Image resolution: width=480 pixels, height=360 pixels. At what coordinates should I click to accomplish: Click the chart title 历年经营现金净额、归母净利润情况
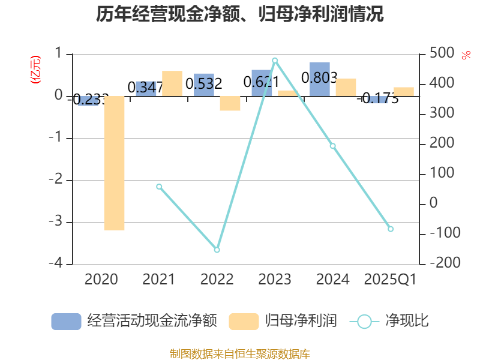coord(240,14)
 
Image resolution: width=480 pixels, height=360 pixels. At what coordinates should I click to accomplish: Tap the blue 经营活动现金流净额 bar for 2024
coord(320,79)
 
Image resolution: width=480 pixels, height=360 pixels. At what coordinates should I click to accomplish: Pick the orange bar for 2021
coord(172,83)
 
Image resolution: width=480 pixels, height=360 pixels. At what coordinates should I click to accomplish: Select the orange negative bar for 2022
coord(230,103)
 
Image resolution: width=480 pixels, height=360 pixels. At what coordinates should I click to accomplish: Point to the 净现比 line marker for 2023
coord(275,61)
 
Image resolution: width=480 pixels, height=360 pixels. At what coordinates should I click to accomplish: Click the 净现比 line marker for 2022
coord(217,250)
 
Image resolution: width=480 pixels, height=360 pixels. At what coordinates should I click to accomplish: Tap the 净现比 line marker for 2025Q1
coord(391,229)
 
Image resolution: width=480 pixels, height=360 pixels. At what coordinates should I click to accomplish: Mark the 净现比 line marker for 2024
coord(333,146)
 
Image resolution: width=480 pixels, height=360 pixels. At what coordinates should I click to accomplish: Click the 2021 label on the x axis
coord(159,279)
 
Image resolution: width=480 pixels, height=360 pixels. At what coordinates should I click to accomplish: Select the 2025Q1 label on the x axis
coord(391,279)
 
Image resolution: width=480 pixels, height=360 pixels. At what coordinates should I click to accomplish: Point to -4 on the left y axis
coord(58,263)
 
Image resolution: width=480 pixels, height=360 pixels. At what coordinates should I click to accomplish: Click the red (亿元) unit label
coord(35,69)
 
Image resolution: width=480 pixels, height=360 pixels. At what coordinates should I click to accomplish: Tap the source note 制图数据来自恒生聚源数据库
coord(240,353)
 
